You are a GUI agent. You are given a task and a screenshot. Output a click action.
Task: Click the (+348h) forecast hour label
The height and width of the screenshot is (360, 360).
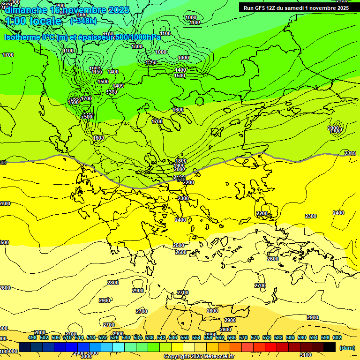tap(83, 21)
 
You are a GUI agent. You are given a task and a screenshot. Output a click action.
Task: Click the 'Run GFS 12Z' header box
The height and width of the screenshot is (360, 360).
tap(296, 7)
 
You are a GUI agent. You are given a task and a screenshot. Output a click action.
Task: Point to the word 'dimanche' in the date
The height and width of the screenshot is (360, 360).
tap(25, 10)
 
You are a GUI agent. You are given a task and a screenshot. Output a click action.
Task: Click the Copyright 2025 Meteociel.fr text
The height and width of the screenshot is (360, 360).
tap(199, 357)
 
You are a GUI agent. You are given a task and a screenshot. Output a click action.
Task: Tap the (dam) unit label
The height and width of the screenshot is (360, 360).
tap(347, 348)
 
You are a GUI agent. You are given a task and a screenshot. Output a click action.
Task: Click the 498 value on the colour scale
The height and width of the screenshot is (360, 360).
tap(32, 337)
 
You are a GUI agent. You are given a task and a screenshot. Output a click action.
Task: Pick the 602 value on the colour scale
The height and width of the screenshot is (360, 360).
tap(337, 337)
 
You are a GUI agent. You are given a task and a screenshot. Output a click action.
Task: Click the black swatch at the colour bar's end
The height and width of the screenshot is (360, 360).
tap(330, 347)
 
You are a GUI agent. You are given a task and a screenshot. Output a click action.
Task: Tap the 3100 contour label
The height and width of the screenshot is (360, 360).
tap(305, 355)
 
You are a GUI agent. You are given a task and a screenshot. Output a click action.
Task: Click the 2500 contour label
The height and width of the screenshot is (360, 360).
tap(179, 245)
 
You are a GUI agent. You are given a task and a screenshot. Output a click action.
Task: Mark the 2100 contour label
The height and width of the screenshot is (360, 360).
tap(179, 177)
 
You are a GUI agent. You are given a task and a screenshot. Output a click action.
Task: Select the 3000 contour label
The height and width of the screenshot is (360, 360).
tap(86, 356)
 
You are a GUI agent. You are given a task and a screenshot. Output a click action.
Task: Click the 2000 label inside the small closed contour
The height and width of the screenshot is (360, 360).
tap(334, 128)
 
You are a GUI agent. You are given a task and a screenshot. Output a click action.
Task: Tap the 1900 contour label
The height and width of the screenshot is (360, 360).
tap(179, 165)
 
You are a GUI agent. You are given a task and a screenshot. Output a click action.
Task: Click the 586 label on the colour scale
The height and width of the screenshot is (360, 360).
tap(290, 337)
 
